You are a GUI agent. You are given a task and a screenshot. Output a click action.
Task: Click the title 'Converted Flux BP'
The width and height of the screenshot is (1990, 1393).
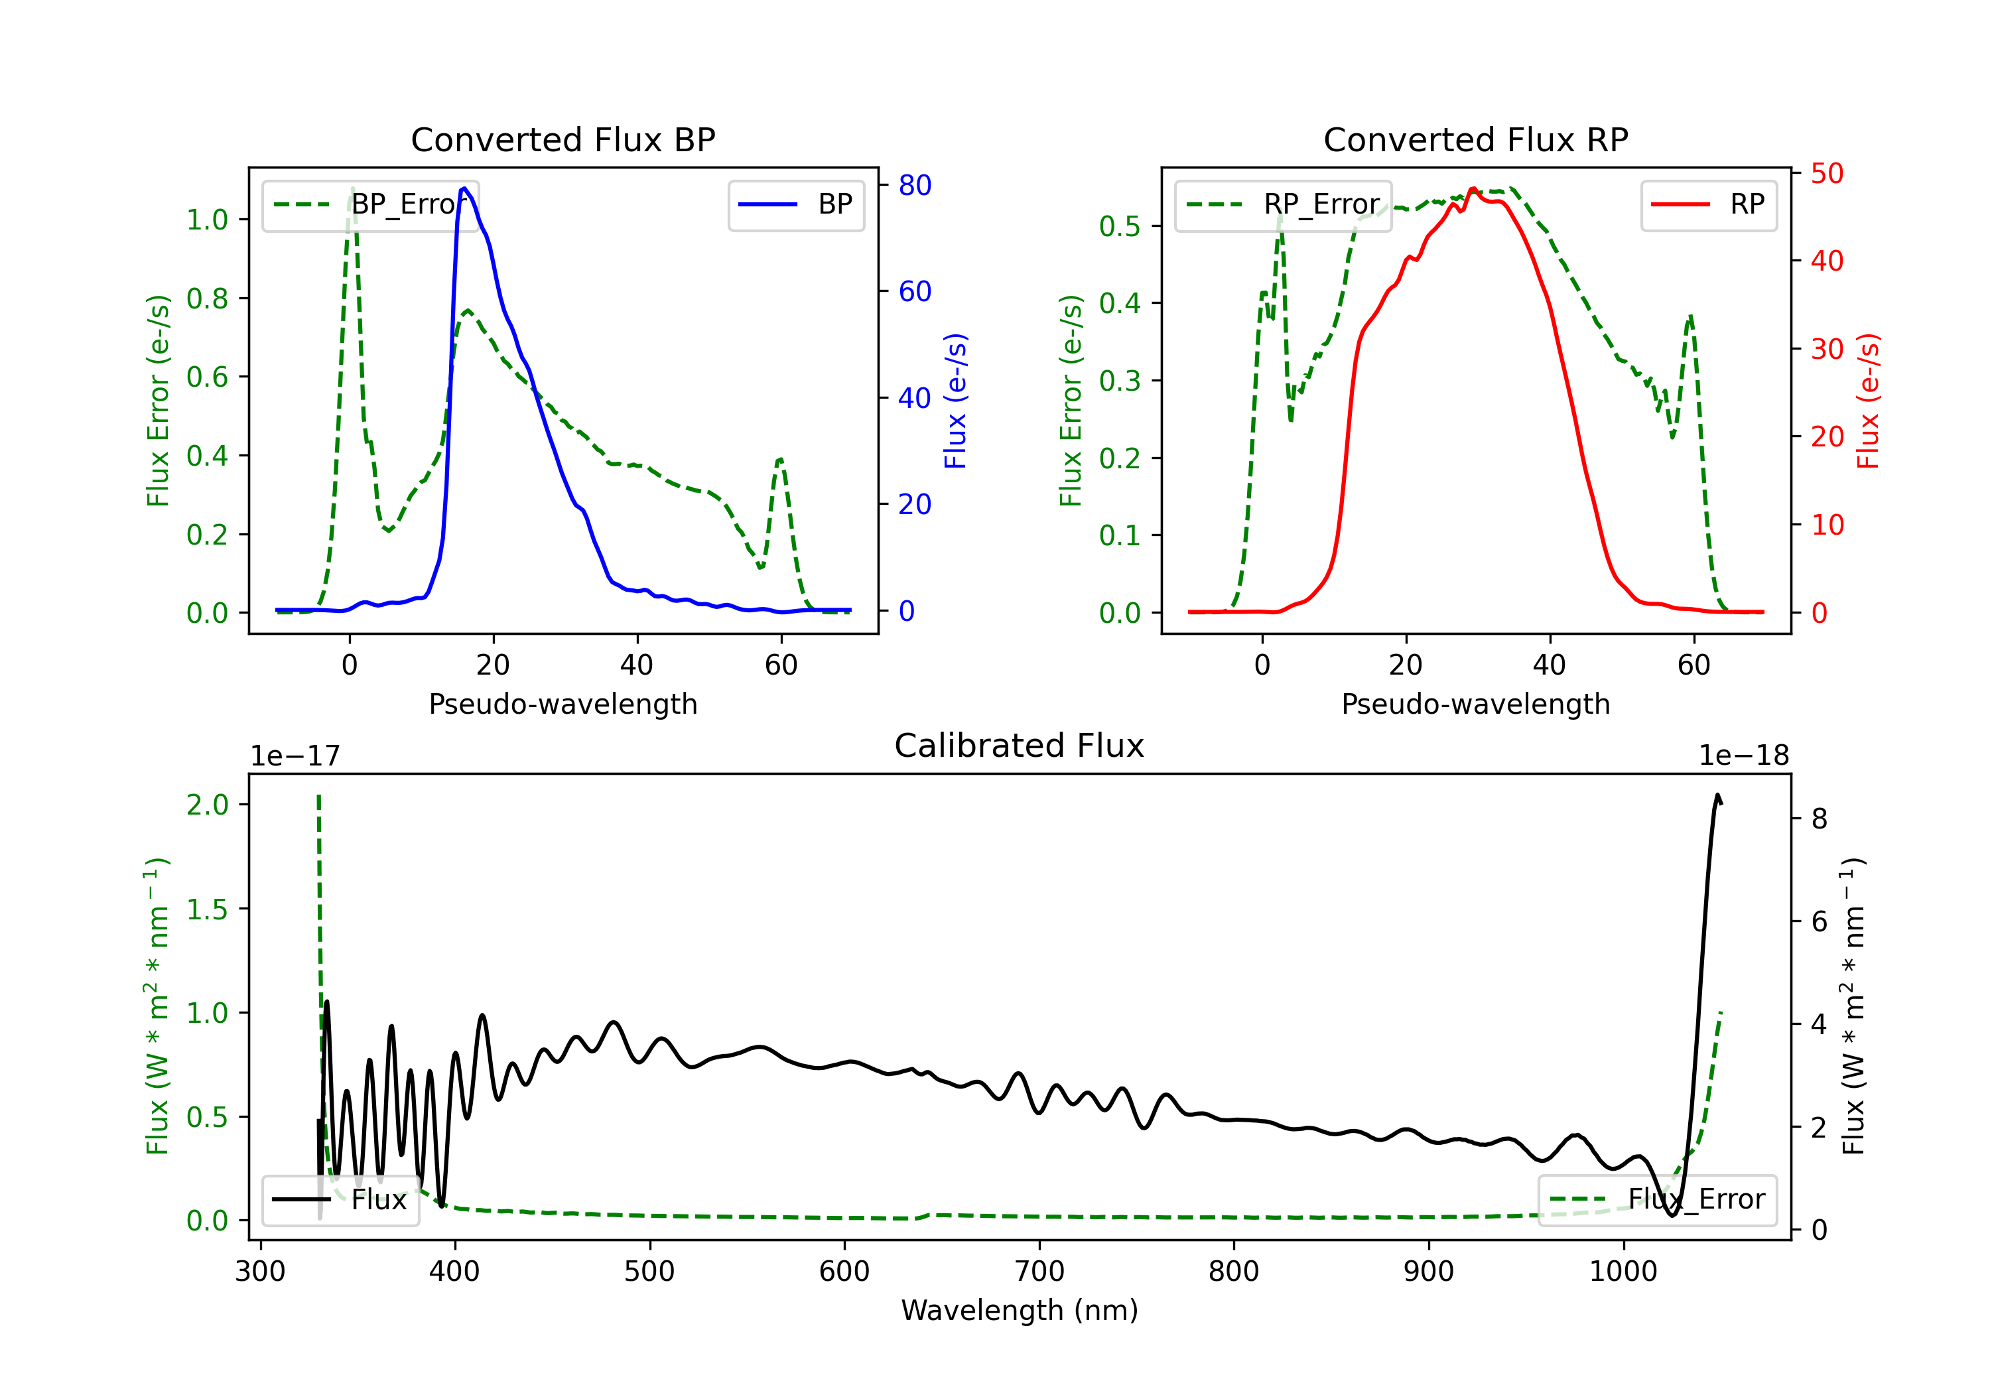tap(563, 139)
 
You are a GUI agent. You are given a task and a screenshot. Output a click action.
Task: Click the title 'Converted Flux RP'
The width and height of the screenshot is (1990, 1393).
tap(1476, 139)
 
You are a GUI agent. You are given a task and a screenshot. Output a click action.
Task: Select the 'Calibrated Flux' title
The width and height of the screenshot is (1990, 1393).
tap(1020, 746)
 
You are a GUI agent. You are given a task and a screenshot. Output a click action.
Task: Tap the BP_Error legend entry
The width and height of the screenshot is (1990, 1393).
tap(370, 204)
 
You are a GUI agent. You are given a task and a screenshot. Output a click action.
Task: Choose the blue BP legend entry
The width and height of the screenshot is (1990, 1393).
tap(795, 204)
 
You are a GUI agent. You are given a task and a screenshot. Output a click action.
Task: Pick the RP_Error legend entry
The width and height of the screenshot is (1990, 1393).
tap(1283, 204)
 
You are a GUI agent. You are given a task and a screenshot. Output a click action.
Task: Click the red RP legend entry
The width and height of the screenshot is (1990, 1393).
tap(1708, 204)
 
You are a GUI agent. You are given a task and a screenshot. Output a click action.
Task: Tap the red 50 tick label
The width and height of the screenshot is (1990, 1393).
tap(1827, 173)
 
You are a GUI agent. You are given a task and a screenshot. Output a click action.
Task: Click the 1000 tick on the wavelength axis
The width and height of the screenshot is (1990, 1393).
tap(1623, 1272)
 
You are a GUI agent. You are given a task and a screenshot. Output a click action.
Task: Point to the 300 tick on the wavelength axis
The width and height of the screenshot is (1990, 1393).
tap(260, 1272)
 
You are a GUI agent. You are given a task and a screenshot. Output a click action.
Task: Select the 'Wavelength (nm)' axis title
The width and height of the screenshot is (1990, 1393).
tap(1020, 1310)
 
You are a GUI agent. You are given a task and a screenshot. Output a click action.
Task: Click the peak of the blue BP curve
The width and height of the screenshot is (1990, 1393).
tap(464, 188)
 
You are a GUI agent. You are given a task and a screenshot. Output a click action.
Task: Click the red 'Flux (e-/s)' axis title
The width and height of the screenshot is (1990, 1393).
tap(1868, 401)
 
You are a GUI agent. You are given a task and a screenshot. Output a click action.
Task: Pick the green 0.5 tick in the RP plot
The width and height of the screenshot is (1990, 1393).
tap(1120, 226)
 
